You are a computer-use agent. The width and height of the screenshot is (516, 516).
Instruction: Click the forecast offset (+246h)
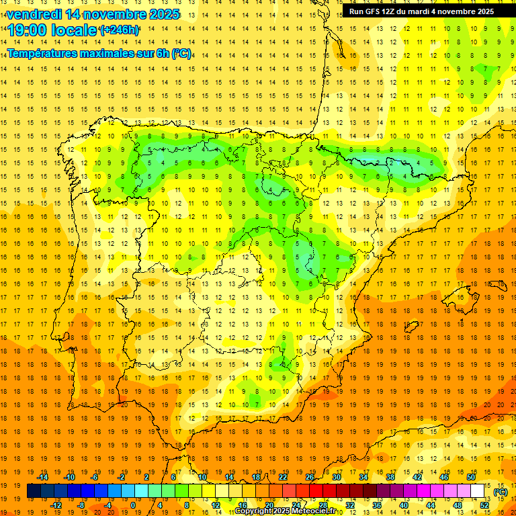[x=119, y=30]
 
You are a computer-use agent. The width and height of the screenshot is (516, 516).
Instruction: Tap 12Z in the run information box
[x=389, y=11]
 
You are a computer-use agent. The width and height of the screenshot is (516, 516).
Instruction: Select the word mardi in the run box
[x=423, y=11]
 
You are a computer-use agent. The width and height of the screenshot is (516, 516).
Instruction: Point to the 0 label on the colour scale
[x=133, y=505]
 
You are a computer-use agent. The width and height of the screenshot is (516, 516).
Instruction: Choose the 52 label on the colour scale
[x=484, y=505]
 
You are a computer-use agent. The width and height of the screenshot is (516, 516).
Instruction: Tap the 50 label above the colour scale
[x=470, y=477]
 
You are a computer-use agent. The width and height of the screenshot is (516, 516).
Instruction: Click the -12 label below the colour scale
[x=56, y=505]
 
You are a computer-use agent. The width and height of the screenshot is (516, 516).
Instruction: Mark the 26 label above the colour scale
[x=310, y=477]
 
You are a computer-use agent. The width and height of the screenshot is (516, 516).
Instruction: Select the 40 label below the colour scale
[x=403, y=505]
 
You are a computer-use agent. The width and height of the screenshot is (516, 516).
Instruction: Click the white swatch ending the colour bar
[x=477, y=491]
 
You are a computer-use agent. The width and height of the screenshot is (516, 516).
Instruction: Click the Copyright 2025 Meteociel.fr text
[x=289, y=511]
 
